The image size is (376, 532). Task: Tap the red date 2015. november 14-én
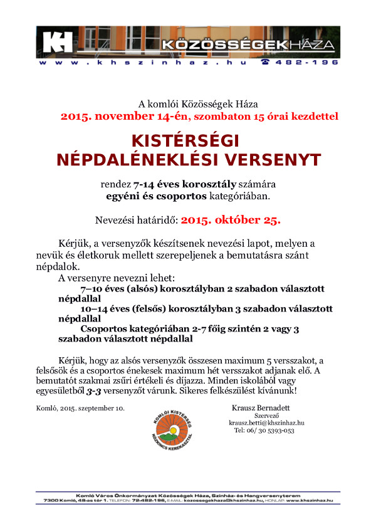[109, 116]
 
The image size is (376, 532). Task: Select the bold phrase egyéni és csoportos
[156, 197]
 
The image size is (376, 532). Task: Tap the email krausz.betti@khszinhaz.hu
[266, 423]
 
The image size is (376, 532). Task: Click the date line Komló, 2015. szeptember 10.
[80, 409]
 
